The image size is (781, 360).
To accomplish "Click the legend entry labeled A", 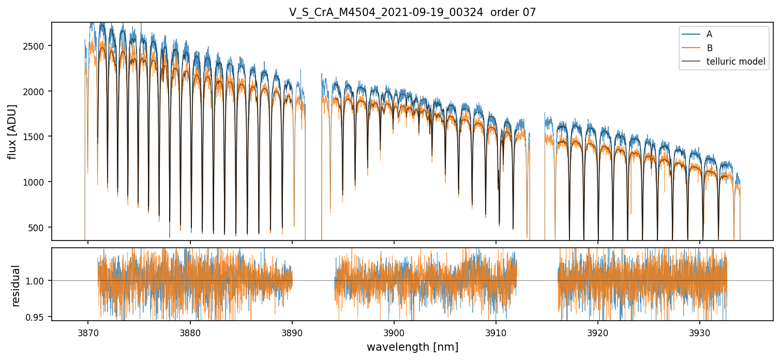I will click(x=709, y=34).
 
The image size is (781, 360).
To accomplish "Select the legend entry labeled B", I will click(x=709, y=48).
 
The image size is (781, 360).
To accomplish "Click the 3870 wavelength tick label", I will click(x=88, y=331).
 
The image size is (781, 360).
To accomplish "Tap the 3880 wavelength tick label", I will click(x=190, y=331).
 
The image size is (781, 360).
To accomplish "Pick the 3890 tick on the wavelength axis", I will click(x=292, y=331).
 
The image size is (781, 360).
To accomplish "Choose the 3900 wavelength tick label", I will click(x=394, y=331).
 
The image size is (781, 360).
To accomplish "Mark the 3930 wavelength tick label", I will click(x=700, y=331).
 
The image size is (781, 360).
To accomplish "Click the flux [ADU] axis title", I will click(x=12, y=131).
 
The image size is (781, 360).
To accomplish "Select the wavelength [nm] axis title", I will click(x=412, y=347).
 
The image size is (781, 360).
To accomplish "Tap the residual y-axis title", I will click(x=16, y=286).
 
